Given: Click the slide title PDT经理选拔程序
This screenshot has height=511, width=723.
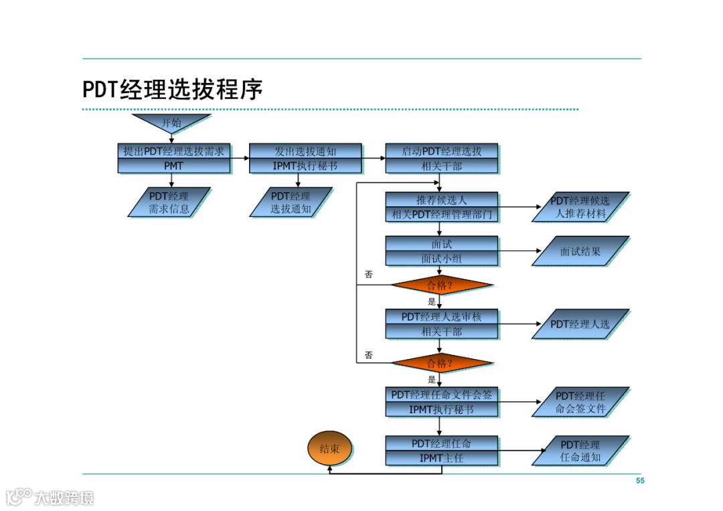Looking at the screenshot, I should tap(173, 90).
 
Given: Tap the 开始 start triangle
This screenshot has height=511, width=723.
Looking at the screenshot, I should tap(171, 123).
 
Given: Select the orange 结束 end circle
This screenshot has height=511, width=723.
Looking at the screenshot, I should tap(329, 449).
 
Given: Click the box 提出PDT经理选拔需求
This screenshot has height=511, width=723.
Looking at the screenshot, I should tap(173, 151).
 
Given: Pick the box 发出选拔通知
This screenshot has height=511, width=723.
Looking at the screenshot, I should tap(305, 151).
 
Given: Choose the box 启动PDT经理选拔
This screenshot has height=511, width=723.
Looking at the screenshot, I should tap(441, 151).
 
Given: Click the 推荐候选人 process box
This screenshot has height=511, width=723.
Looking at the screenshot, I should tap(441, 200).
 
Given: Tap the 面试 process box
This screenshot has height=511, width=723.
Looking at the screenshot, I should tap(441, 244).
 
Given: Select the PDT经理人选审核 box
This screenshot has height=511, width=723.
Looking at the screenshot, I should tap(441, 317).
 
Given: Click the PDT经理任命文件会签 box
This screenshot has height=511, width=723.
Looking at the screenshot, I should tap(441, 395).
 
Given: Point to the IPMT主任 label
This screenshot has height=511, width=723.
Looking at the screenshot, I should tap(441, 459).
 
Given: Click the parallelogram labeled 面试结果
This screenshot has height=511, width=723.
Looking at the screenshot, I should tap(580, 252).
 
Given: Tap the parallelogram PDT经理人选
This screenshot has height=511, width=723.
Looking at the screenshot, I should tap(580, 324).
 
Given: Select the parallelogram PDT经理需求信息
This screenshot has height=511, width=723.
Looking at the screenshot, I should tap(169, 202).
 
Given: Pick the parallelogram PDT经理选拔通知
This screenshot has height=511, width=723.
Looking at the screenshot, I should tap(291, 202).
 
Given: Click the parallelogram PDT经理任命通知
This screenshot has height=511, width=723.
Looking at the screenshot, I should tap(580, 451).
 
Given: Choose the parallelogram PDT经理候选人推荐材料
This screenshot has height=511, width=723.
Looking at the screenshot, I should tap(580, 208).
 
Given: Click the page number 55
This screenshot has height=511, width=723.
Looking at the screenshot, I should tap(640, 481).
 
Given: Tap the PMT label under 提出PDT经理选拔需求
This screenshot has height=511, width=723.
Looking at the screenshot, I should tap(173, 165).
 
